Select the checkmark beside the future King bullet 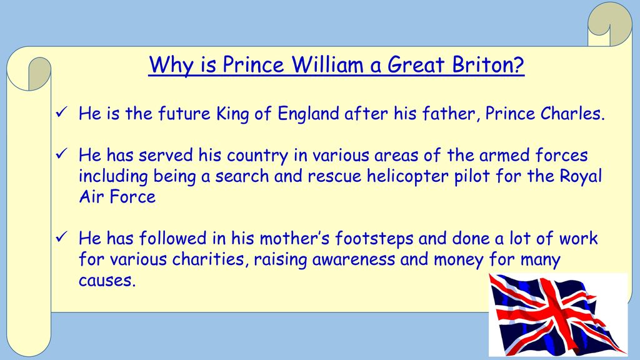coord(61,112)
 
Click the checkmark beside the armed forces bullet coord(61,154)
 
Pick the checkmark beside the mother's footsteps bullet coord(61,236)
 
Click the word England coord(308,114)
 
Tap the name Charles coord(572,114)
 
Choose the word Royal coord(581,176)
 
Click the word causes coord(106,281)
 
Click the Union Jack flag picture coord(558,314)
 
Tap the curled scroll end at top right coord(610,24)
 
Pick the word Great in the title coord(416,64)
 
